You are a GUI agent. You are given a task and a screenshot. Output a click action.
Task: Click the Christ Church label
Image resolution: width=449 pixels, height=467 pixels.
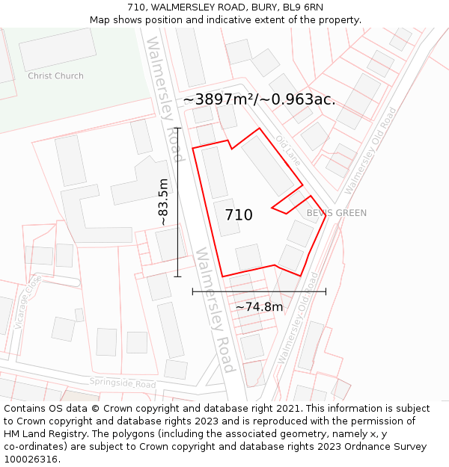[55, 75]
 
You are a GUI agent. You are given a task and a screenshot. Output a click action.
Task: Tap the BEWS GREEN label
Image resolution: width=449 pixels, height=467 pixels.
[336, 213]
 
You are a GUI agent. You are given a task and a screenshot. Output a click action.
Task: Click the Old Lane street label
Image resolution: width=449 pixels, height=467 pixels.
[287, 150]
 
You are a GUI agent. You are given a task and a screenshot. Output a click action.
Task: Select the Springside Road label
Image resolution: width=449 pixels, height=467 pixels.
[123, 383]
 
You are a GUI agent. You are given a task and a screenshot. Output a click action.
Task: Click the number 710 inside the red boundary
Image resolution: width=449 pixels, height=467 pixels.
[239, 215]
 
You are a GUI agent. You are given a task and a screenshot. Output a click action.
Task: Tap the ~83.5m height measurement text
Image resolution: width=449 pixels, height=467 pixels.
[163, 202]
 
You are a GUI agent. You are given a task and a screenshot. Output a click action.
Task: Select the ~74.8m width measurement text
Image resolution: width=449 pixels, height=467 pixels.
[259, 306]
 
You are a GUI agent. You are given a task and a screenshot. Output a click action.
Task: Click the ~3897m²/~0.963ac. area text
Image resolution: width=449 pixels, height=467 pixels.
[259, 99]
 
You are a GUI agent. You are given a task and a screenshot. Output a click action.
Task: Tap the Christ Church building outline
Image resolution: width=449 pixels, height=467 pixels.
[58, 49]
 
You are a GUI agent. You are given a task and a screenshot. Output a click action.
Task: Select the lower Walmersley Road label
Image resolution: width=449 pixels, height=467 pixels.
[216, 309]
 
